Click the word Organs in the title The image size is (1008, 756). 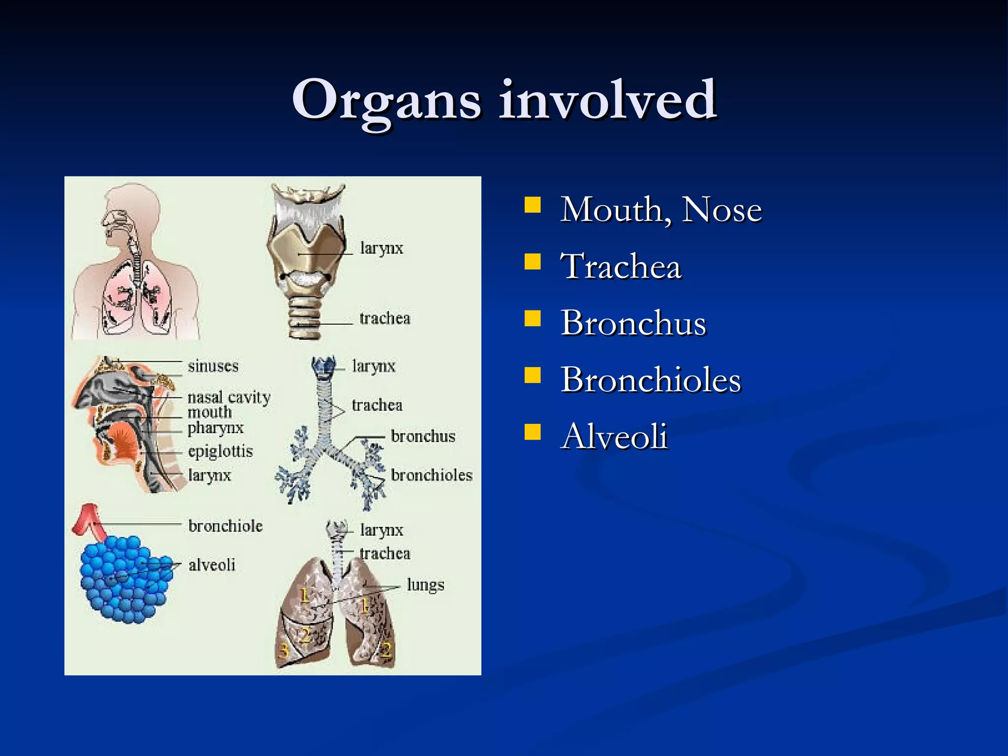pyautogui.click(x=386, y=101)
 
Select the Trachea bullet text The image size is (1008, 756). pyautogui.click(x=621, y=266)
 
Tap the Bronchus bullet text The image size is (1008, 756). pyautogui.click(x=633, y=323)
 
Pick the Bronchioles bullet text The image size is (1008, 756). pyautogui.click(x=651, y=380)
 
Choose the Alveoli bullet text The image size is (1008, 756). pyautogui.click(x=614, y=437)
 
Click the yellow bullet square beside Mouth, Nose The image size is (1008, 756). pyautogui.click(x=533, y=205)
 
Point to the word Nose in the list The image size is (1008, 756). pyautogui.click(x=722, y=210)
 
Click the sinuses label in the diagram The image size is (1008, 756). pyautogui.click(x=213, y=366)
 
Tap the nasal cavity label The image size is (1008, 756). pyautogui.click(x=229, y=397)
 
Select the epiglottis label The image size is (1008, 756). pyautogui.click(x=220, y=451)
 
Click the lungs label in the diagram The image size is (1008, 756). pyautogui.click(x=425, y=585)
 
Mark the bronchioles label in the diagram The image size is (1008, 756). pyautogui.click(x=432, y=475)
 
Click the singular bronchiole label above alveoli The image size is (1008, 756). pyautogui.click(x=225, y=526)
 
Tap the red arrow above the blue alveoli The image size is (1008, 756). pyautogui.click(x=89, y=522)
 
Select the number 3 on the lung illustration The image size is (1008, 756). pyautogui.click(x=283, y=651)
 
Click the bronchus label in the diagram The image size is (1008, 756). pyautogui.click(x=423, y=436)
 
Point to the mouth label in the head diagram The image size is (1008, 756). pyautogui.click(x=210, y=412)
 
